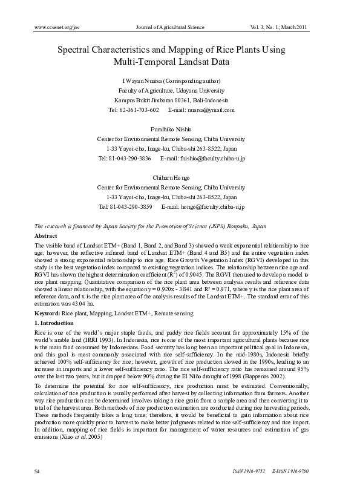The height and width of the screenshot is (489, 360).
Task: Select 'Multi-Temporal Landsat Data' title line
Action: [180, 62]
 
